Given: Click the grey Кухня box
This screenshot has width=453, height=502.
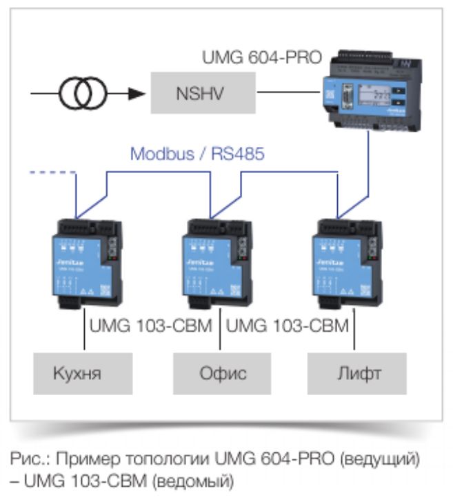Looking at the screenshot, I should coord(83,374).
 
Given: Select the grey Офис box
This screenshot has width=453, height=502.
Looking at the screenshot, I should coord(219,374).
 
